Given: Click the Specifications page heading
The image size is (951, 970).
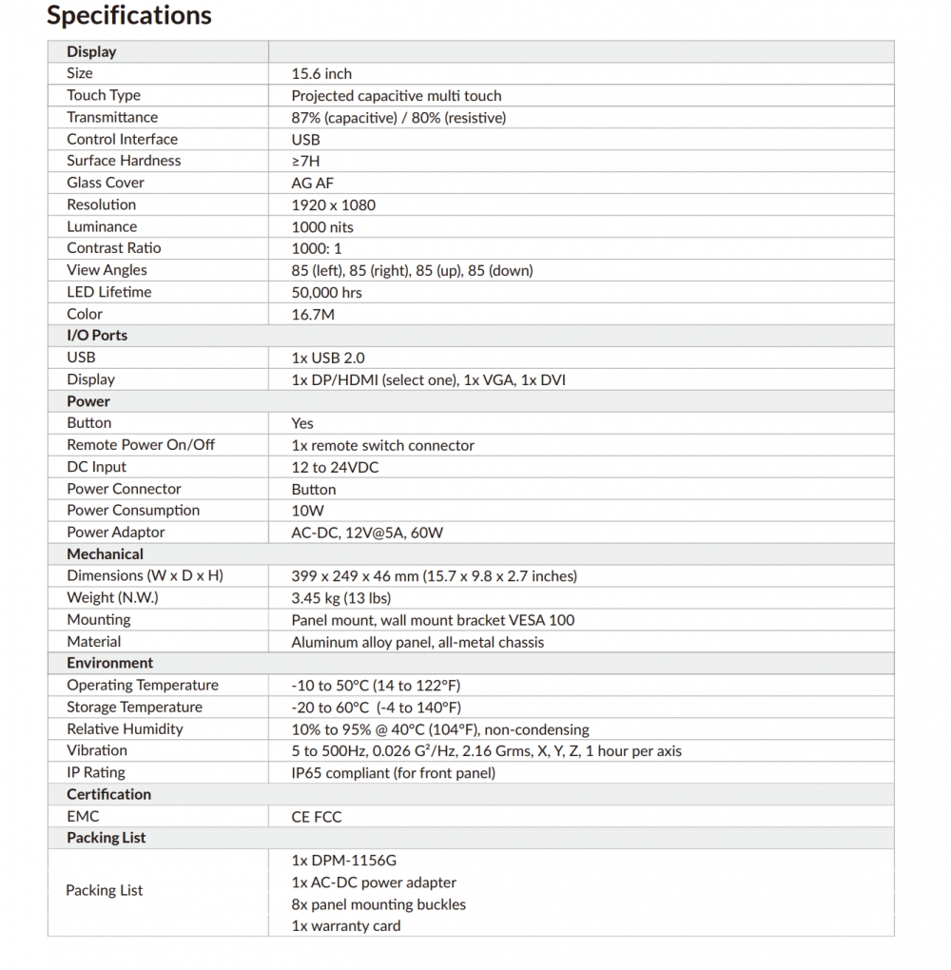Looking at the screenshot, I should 129,16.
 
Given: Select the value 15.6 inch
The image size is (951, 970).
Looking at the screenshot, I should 321,73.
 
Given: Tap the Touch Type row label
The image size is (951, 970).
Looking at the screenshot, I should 104,95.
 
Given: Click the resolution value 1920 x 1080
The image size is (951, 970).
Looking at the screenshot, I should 333,204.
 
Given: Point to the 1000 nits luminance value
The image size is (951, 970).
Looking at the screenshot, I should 321,226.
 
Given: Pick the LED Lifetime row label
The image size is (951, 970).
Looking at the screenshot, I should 108,292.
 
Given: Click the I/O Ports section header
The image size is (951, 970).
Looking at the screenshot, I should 97,336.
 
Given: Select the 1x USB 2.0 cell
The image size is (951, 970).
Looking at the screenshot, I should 327,358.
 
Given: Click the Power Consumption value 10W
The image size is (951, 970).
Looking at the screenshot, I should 307,511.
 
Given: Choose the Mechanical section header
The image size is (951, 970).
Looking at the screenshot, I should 105,554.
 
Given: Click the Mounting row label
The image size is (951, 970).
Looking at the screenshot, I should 98,620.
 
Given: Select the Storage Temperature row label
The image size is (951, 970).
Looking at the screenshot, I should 134,708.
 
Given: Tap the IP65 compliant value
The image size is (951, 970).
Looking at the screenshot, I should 393,773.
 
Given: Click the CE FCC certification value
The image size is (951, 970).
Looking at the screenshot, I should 316,817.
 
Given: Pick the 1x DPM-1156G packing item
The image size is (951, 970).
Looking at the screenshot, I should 343,861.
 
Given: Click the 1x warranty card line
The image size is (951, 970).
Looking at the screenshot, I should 345,926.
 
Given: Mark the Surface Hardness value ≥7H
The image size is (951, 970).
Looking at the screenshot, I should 305,161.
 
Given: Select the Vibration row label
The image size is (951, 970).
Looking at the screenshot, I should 97,751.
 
